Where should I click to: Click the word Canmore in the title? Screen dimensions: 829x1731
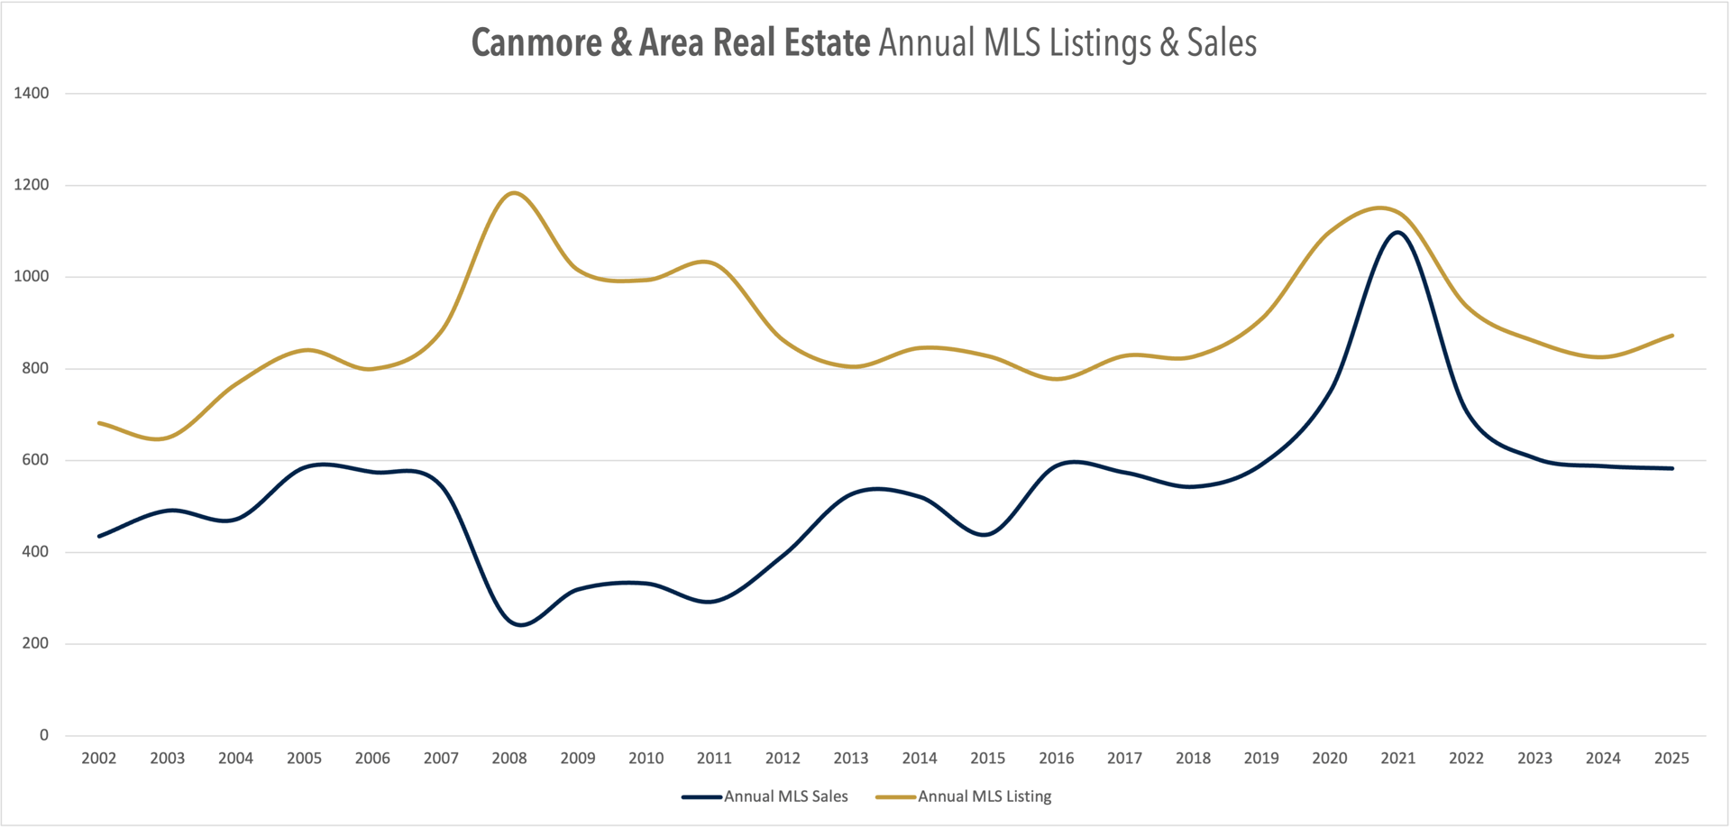coord(536,42)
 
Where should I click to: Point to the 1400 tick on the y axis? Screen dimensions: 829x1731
coord(32,93)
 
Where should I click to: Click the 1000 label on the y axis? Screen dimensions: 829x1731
coord(32,276)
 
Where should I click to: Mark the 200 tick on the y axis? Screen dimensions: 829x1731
coord(35,643)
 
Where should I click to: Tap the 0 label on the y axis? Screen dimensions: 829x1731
coord(44,735)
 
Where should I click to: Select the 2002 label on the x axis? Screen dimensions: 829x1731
coord(99,759)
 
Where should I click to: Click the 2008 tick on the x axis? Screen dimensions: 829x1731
coord(509,759)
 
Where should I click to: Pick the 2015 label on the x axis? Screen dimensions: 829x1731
coord(987,759)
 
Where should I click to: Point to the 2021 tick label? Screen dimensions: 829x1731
coord(1397,759)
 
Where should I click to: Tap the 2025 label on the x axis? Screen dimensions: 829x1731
coord(1671,759)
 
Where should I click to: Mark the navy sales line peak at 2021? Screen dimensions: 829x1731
coord(1397,232)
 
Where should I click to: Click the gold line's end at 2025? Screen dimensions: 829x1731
coord(1672,336)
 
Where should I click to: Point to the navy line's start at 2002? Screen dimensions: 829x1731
coord(99,536)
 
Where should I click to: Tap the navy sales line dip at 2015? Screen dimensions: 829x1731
coord(986,535)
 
